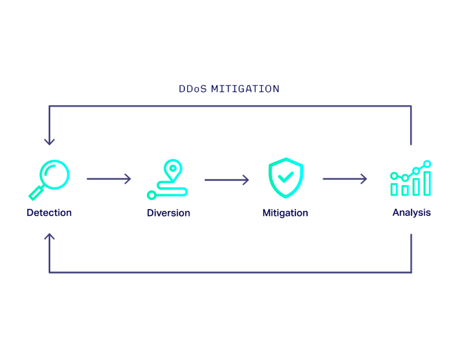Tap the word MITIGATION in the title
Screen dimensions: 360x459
tap(244, 89)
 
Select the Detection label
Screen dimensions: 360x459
tap(49, 212)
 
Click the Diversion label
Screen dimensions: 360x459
tap(169, 212)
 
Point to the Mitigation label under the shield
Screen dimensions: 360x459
tap(286, 212)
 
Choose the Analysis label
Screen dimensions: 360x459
tap(412, 212)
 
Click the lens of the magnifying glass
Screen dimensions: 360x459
tap(54, 174)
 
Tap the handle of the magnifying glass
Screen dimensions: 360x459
tap(36, 193)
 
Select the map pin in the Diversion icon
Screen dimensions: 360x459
tap(173, 169)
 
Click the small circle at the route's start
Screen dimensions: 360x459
tap(151, 195)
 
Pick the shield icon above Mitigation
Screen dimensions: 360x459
tap(286, 178)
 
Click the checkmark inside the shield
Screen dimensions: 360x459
tap(286, 178)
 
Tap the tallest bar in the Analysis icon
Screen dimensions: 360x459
tap(427, 183)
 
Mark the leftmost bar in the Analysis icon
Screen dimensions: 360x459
tap(394, 189)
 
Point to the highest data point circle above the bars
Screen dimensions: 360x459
tap(427, 164)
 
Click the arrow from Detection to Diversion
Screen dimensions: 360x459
tap(109, 179)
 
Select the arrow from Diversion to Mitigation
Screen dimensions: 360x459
tap(226, 179)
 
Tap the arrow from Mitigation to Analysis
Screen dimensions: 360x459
tap(345, 179)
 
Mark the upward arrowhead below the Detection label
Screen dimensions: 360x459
tap(49, 237)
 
